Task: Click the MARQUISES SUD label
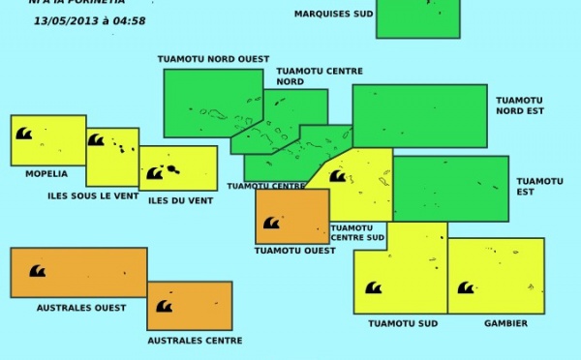coord(333,14)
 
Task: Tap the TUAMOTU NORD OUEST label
coord(213,59)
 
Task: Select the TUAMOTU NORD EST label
coord(520,105)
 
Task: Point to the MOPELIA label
coord(46,174)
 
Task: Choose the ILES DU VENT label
coord(180,200)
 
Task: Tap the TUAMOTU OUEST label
coord(295,251)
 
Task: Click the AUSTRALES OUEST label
coord(81,308)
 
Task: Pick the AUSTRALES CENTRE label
coord(195,341)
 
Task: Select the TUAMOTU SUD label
coord(402,323)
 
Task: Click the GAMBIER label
coord(506,323)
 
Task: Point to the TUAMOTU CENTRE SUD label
coord(357,232)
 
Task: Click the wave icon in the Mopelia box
coord(23,134)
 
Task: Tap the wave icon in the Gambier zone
coord(466,287)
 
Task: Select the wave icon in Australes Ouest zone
coord(37,272)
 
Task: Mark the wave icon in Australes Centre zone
coord(164,306)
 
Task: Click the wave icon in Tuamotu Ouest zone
coord(271,223)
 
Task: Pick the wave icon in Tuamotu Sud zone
coord(373,287)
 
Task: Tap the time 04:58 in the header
coord(129,20)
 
